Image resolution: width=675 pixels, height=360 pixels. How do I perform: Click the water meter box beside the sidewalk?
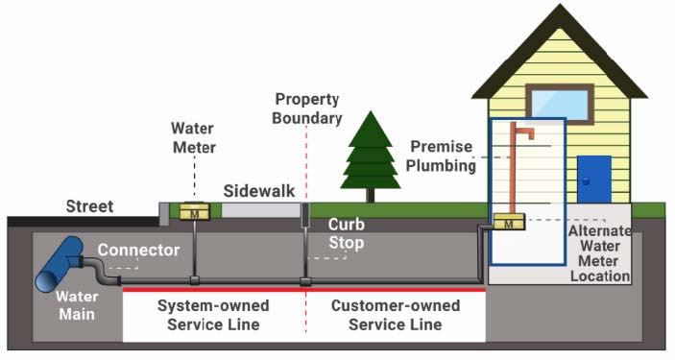tap(194, 212)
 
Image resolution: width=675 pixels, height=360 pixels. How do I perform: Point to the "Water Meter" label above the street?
tap(193, 137)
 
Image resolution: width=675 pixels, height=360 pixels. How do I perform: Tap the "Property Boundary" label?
tap(308, 108)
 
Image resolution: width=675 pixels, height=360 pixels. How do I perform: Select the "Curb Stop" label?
tap(346, 234)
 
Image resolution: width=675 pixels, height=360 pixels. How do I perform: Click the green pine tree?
tap(371, 154)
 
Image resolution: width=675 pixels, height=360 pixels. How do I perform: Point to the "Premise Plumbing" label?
tap(443, 156)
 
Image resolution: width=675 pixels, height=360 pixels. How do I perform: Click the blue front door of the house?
tap(594, 179)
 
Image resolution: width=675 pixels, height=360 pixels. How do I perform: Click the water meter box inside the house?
tap(508, 224)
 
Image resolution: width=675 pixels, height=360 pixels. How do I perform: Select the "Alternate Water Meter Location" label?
tap(598, 253)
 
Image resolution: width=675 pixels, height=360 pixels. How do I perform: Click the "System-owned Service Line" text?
tap(212, 315)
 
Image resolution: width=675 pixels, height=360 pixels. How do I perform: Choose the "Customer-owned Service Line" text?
tap(395, 315)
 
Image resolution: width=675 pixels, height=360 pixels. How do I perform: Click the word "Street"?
tap(89, 206)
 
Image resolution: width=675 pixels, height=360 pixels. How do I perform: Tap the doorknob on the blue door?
tap(584, 180)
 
